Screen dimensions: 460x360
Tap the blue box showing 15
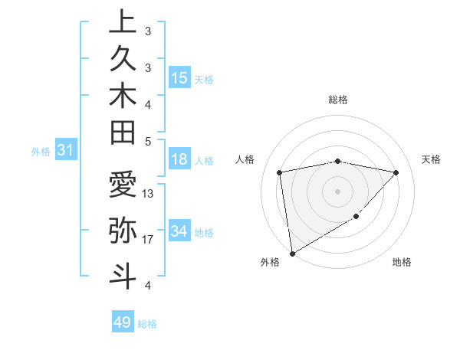[x=179, y=78]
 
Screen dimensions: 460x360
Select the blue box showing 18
[x=179, y=160]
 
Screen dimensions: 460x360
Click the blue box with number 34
[x=179, y=231]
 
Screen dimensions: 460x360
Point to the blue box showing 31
[x=66, y=151]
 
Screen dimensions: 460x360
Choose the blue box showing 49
[x=123, y=322]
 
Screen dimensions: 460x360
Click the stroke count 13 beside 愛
[x=148, y=194]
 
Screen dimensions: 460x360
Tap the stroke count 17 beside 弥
[x=148, y=240]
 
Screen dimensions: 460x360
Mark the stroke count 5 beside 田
[x=148, y=141]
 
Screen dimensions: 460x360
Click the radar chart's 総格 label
[x=338, y=100]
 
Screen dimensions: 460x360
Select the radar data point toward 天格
[x=396, y=172]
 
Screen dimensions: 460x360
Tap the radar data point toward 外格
[x=292, y=254]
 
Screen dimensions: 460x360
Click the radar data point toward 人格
[x=280, y=172]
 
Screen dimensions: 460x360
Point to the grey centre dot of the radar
[x=338, y=191]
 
